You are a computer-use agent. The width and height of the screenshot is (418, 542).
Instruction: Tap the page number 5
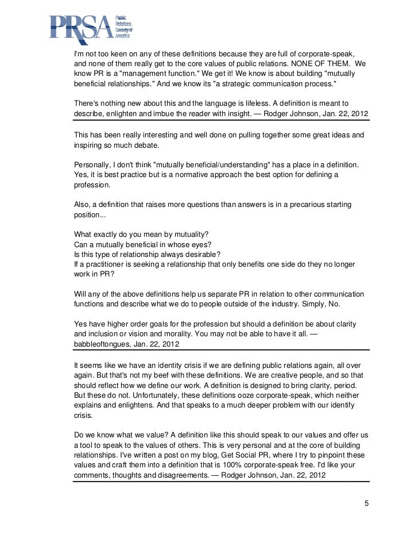coord(367,504)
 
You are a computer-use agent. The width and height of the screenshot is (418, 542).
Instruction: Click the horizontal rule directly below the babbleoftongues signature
coord(220,351)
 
